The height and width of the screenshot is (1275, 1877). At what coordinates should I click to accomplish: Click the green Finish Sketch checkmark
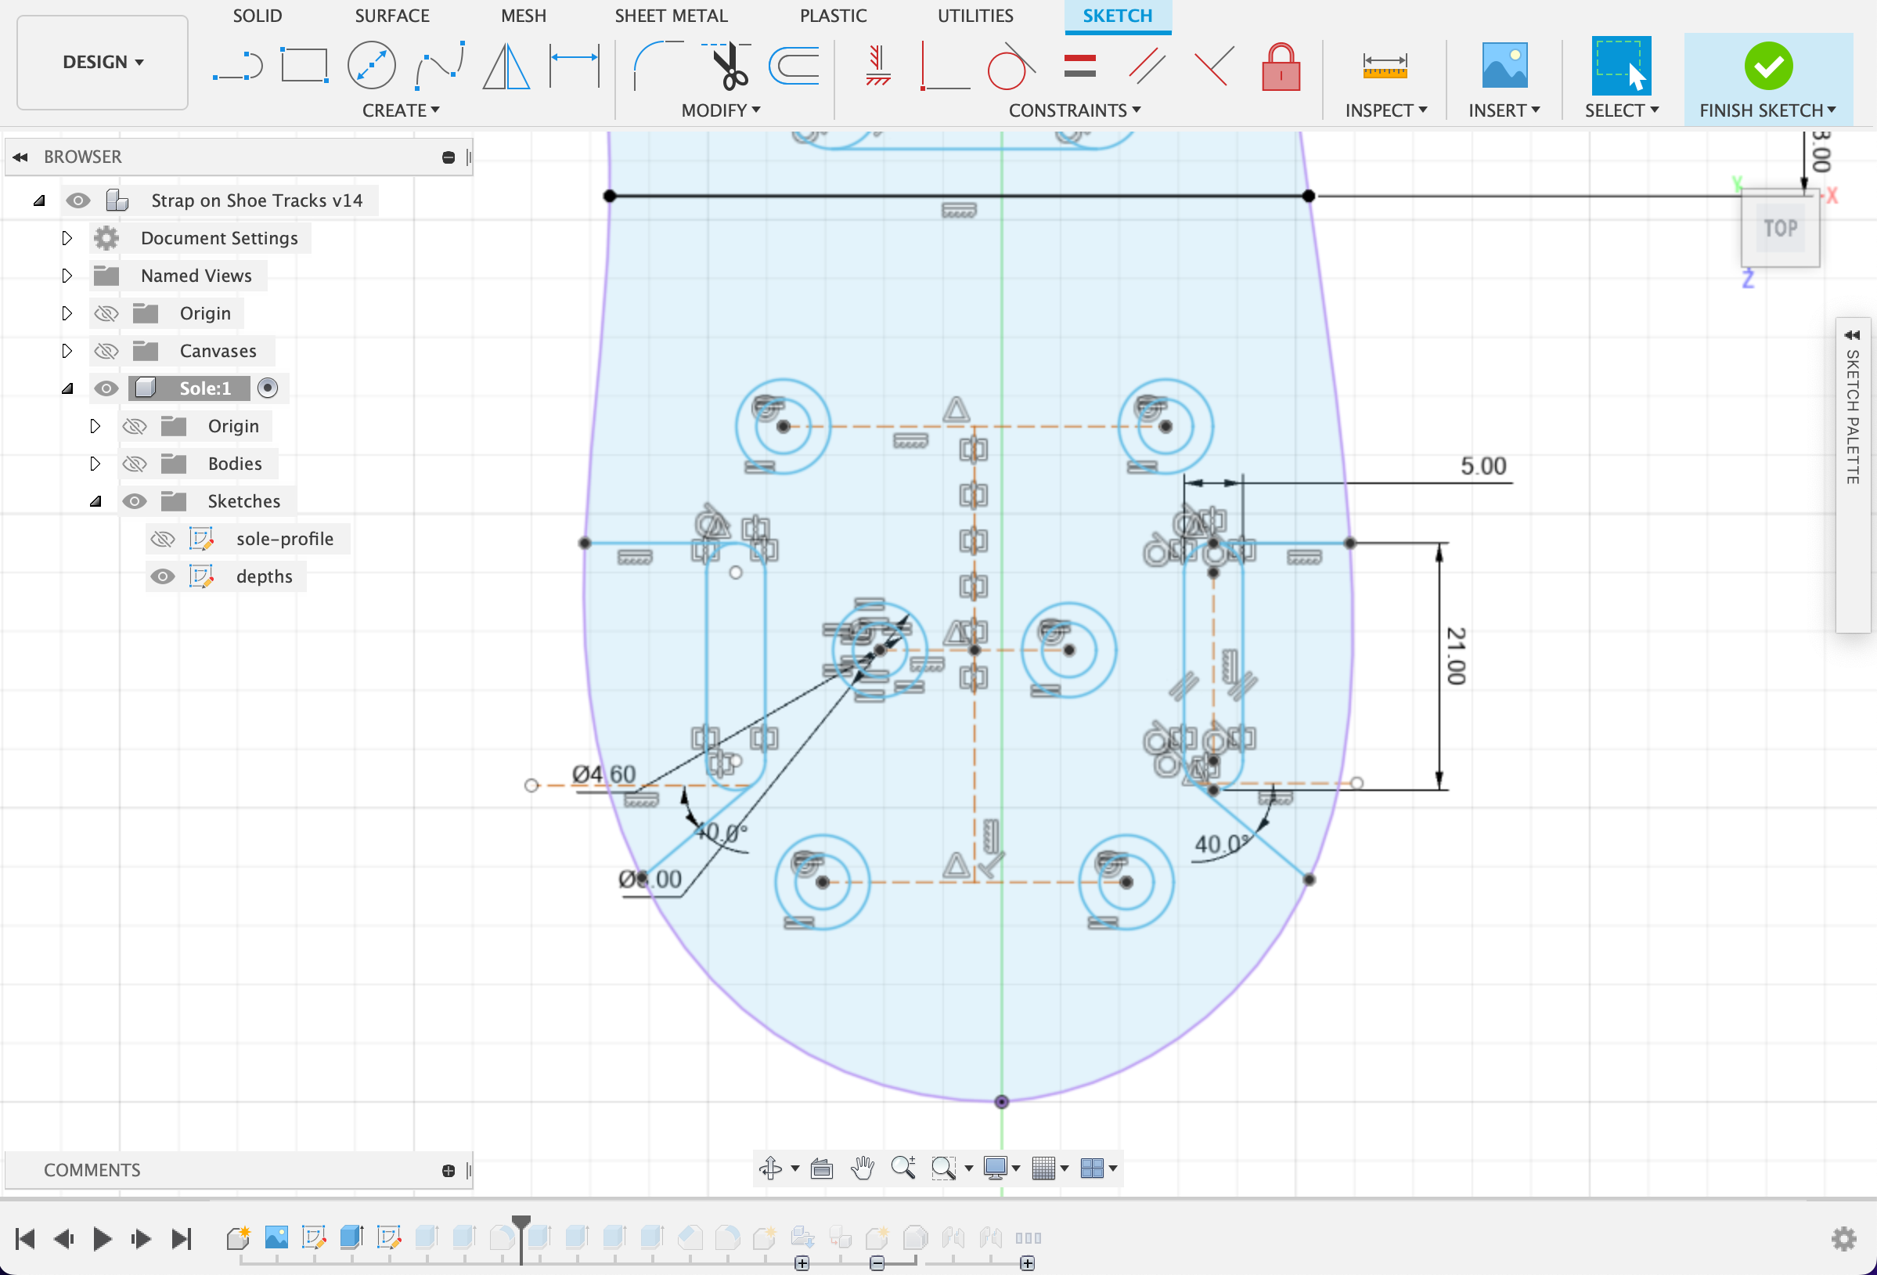(1768, 67)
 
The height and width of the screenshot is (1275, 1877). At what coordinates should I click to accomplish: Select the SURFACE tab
(391, 16)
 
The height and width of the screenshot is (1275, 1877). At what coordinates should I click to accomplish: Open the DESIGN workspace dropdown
(103, 62)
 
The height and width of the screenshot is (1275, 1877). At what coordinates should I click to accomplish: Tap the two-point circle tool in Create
(372, 66)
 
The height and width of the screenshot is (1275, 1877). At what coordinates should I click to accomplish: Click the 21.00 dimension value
(1455, 656)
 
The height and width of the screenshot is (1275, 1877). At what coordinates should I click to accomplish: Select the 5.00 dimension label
(1483, 466)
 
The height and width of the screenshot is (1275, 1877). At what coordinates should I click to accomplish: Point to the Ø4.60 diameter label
(603, 774)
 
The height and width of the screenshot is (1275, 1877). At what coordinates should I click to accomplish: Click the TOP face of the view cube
(1780, 229)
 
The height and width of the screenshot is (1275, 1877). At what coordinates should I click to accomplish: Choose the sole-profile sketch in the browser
(284, 539)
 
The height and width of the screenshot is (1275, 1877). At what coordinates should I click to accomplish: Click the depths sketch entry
(264, 576)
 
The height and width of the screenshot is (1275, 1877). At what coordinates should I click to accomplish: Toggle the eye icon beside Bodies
(134, 464)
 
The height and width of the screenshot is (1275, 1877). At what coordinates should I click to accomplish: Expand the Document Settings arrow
(67, 238)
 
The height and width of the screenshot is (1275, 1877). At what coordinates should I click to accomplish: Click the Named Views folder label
(196, 276)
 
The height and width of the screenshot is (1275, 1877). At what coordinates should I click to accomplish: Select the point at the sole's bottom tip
(1001, 1101)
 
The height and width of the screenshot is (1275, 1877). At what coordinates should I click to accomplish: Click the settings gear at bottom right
(1844, 1238)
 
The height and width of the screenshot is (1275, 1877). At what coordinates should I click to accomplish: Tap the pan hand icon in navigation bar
(863, 1168)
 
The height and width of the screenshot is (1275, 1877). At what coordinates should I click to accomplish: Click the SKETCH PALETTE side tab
(1853, 416)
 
